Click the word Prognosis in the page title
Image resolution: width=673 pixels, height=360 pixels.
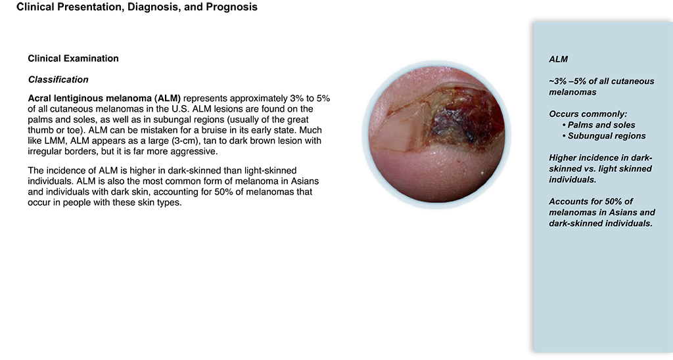232,7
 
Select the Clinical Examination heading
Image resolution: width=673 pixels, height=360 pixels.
73,58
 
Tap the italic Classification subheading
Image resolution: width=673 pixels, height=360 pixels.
58,79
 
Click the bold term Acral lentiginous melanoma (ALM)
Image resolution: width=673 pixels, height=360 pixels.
104,99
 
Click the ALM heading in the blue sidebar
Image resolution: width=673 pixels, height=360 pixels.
559,60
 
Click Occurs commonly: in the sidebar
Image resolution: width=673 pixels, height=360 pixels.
588,114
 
